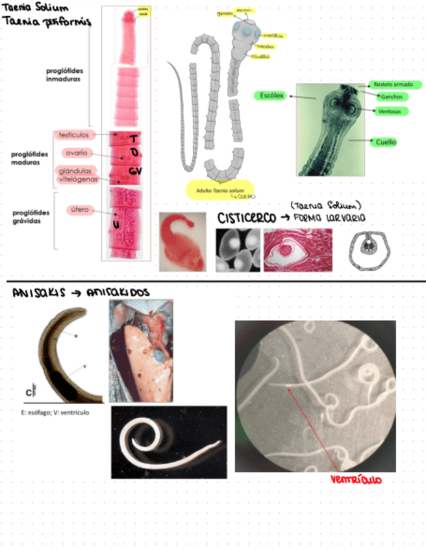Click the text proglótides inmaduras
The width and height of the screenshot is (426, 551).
[68, 75]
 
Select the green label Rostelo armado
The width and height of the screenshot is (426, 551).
[390, 84]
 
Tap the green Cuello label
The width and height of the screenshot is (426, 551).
[384, 142]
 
